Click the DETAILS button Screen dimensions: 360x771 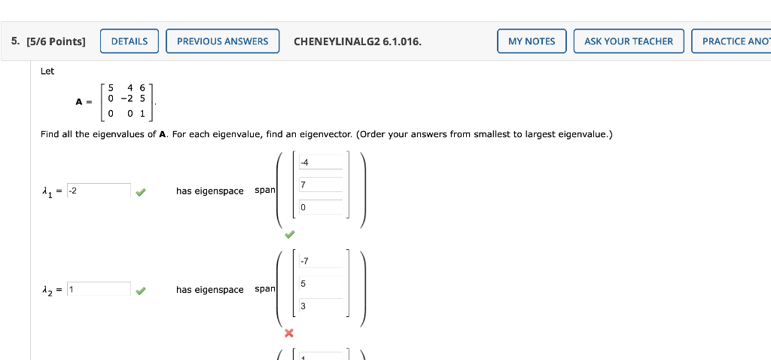tap(130, 41)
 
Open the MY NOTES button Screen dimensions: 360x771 tap(532, 41)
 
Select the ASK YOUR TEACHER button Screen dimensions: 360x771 tap(629, 41)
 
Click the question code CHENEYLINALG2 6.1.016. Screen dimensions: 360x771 tap(358, 41)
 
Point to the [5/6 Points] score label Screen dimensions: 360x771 tap(56, 41)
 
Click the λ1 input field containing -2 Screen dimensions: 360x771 tap(99, 191)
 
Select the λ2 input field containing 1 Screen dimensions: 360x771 tap(99, 289)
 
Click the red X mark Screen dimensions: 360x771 tap(288, 333)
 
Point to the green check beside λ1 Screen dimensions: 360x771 tap(141, 191)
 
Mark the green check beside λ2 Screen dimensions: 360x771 tap(141, 290)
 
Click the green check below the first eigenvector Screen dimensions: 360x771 tap(288, 234)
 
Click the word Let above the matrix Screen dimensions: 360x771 tap(47, 72)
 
